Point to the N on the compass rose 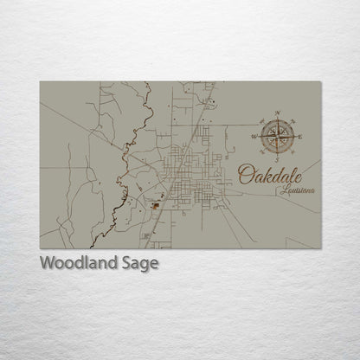(x=278, y=112)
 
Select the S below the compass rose (x=278, y=159)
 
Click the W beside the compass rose (x=254, y=136)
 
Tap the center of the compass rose (x=278, y=135)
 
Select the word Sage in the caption (x=142, y=263)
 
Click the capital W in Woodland (x=48, y=262)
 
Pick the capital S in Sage (x=129, y=262)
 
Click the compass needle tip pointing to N (x=278, y=120)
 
